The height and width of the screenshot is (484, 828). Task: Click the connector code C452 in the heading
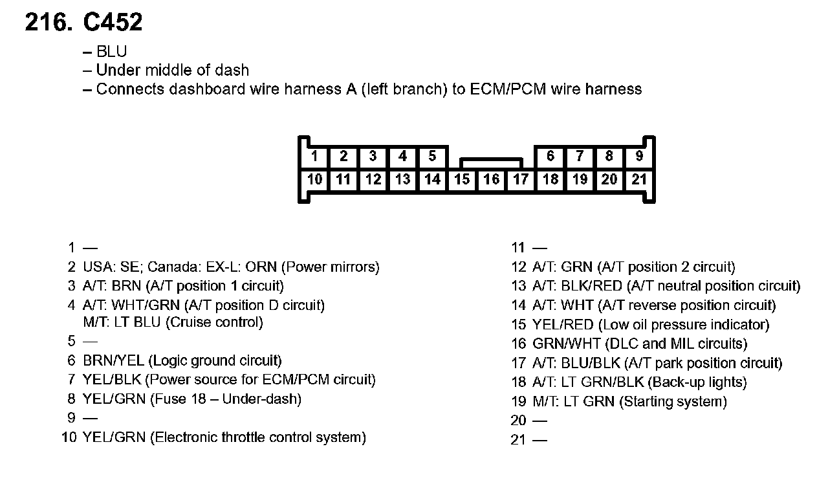coord(113,23)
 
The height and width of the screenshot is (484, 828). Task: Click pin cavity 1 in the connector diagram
coord(314,156)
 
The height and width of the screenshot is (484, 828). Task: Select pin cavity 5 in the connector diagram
coord(432,156)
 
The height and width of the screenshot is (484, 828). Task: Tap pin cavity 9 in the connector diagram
coord(639,156)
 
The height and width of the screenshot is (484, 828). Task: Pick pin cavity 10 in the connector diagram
coord(314,179)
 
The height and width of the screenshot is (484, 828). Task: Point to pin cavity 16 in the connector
coord(491,179)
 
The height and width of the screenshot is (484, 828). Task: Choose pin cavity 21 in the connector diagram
coord(639,179)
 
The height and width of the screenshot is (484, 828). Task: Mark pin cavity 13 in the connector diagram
coord(402,179)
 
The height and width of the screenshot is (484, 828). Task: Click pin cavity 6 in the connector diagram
coord(550,156)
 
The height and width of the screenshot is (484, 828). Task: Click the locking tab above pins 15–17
coord(491,162)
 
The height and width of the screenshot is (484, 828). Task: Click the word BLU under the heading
coord(111,52)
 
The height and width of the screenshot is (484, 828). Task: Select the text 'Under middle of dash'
coord(172,70)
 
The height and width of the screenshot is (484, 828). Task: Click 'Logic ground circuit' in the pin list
coord(215,360)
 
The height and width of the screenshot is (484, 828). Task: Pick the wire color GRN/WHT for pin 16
coord(561,344)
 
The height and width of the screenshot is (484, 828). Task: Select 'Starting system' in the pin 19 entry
coord(673,402)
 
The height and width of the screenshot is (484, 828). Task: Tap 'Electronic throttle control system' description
coord(257,437)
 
